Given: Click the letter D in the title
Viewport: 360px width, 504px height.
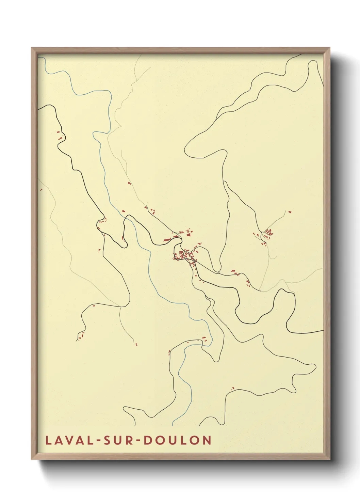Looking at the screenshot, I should pyautogui.click(x=148, y=440).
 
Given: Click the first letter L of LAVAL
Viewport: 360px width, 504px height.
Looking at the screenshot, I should pyautogui.click(x=48, y=440).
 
